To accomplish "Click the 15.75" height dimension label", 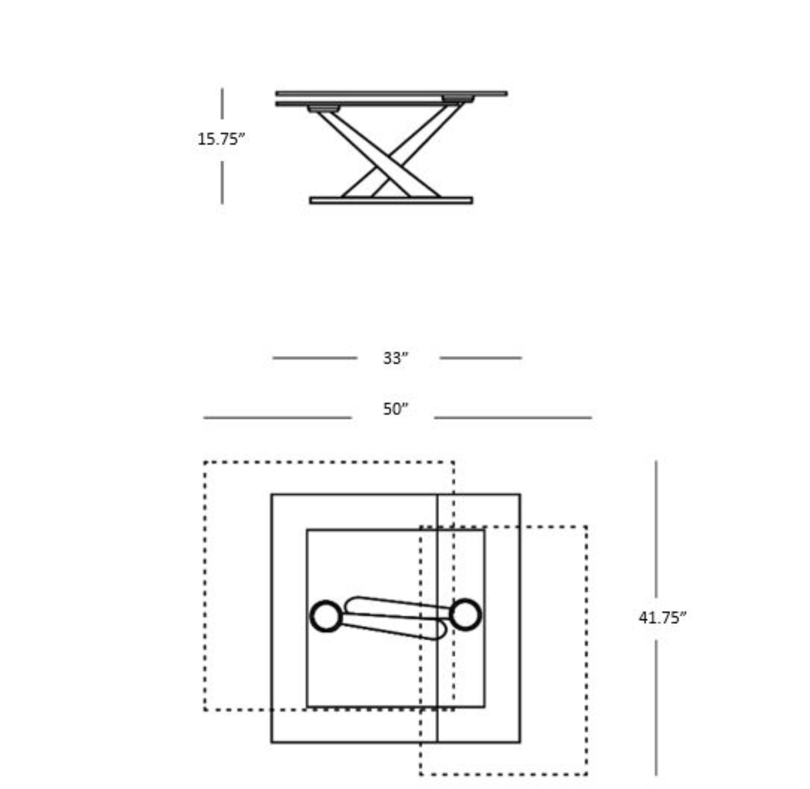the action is pos(221,139).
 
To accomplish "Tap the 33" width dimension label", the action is pos(395,358).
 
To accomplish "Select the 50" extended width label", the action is pos(395,409).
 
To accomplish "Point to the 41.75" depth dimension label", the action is pos(662,617).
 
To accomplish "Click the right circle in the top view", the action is pos(465,615).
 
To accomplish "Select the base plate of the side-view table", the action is pos(391,200).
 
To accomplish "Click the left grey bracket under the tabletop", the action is pos(323,108).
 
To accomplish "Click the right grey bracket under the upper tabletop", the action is pos(459,99).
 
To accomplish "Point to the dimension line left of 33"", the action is pos(315,358).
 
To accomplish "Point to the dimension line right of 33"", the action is pos(480,358).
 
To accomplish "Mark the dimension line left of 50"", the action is pos(277,418).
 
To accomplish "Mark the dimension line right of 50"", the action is pos(513,418).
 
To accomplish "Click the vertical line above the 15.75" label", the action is pos(222,104).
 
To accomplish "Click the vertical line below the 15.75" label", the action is pos(222,183).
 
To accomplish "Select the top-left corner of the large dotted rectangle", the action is pos(205,462).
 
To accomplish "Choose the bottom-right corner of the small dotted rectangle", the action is pos(587,774).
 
